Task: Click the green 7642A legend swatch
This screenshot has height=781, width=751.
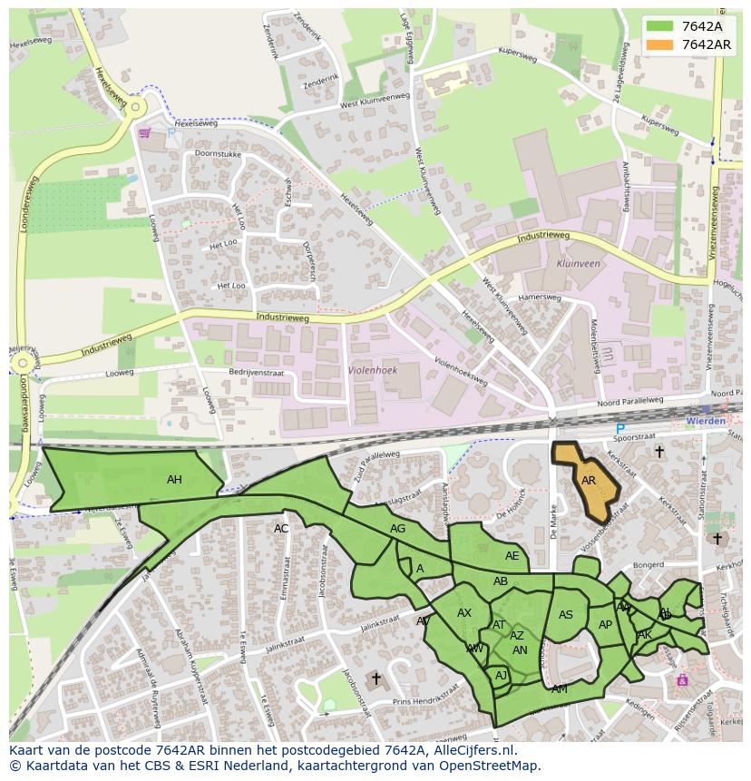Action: click(659, 26)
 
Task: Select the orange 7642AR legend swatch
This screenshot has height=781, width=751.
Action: click(659, 44)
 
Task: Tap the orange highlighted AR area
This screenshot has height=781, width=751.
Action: click(588, 481)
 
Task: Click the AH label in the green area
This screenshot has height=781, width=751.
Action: click(174, 480)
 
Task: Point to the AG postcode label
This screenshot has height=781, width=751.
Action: click(397, 529)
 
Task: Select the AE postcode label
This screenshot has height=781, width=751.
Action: click(512, 556)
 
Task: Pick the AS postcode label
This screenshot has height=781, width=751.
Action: click(566, 615)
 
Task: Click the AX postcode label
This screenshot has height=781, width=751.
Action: click(464, 613)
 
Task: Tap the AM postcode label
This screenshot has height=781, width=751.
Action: click(560, 689)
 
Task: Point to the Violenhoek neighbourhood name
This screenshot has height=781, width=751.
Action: click(372, 370)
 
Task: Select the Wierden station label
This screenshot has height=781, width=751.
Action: click(705, 421)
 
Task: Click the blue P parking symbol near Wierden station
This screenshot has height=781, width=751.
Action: click(620, 429)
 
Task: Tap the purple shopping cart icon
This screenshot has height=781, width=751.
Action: click(144, 132)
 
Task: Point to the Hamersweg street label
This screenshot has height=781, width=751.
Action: click(540, 298)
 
